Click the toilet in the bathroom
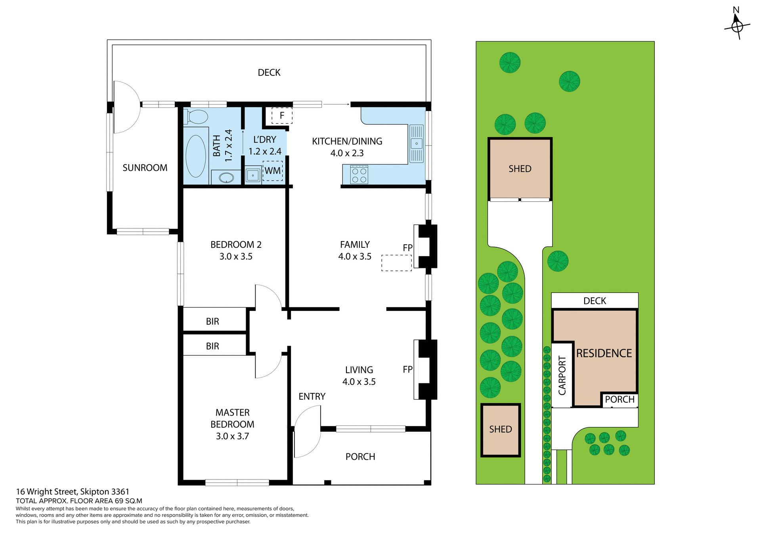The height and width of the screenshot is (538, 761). coord(197,117)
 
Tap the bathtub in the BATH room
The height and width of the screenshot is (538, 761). coord(196,156)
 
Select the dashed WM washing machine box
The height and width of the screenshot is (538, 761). coord(273,171)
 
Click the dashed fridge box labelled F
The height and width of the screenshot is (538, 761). coord(282,115)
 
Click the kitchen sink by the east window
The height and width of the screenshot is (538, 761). coord(416,144)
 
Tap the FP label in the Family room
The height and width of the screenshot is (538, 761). coord(407,248)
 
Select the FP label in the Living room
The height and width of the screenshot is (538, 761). coord(407,370)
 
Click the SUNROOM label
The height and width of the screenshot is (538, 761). coord(145,168)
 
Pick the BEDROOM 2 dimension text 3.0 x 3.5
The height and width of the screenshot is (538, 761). coord(236,257)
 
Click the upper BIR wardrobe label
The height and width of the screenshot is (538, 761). coord(212,322)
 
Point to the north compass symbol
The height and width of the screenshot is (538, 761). coord(737,26)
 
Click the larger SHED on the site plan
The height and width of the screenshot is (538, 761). coord(520,169)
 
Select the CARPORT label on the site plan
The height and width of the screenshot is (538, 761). coord(562,375)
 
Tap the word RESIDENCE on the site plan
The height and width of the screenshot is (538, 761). coord(604,353)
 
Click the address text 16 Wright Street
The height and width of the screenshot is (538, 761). coord(73,492)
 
